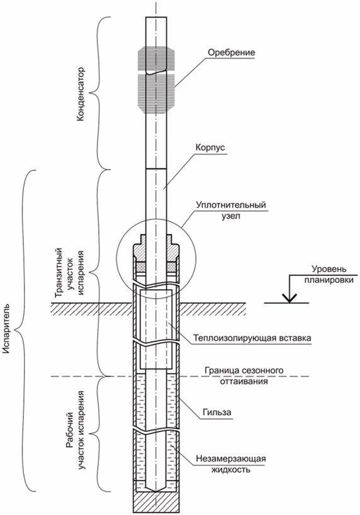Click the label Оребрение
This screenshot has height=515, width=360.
tap(232, 53)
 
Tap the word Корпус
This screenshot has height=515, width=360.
tap(210, 148)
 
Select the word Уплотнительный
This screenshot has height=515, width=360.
tap(231, 205)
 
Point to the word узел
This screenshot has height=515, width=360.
tap(230, 216)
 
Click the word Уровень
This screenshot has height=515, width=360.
tap(329, 269)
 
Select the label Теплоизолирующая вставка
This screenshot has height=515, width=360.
tap(252, 338)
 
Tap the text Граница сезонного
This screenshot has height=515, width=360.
tap(244, 370)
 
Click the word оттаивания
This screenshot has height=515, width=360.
tap(244, 381)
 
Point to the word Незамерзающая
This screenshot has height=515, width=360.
tap(231, 458)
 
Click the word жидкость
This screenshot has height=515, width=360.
tap(230, 469)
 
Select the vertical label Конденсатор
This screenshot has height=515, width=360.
tap(80, 94)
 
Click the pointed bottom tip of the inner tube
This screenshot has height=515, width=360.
tap(156, 492)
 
